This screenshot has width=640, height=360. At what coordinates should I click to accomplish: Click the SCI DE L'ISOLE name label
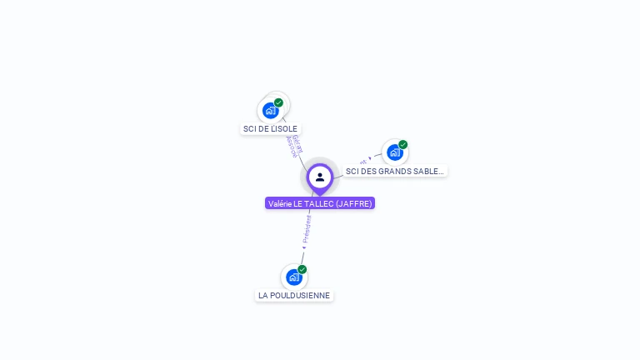pyautogui.click(x=270, y=128)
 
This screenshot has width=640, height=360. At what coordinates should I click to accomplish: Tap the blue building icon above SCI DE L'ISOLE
pyautogui.click(x=270, y=110)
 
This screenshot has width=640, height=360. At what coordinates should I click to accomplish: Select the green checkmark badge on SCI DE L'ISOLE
pyautogui.click(x=278, y=102)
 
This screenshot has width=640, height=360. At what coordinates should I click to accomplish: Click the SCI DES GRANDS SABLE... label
pyautogui.click(x=395, y=171)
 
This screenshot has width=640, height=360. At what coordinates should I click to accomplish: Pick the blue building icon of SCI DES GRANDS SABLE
pyautogui.click(x=394, y=152)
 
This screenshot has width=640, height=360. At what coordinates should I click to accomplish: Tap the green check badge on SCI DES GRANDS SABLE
pyautogui.click(x=403, y=145)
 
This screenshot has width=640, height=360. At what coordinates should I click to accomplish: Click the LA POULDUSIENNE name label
pyautogui.click(x=294, y=295)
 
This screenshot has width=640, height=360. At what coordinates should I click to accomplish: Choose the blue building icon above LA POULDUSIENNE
pyautogui.click(x=293, y=277)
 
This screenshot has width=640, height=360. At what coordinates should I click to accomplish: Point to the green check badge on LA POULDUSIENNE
pyautogui.click(x=302, y=269)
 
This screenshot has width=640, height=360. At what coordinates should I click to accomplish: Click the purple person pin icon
pyautogui.click(x=320, y=177)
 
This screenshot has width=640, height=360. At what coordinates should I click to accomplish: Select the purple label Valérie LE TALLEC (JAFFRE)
pyautogui.click(x=320, y=203)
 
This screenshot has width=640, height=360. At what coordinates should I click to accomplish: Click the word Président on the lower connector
pyautogui.click(x=307, y=227)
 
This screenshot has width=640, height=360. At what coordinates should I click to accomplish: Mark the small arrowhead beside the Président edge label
pyautogui.click(x=304, y=247)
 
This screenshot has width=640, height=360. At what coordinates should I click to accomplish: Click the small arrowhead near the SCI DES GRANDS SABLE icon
pyautogui.click(x=370, y=158)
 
